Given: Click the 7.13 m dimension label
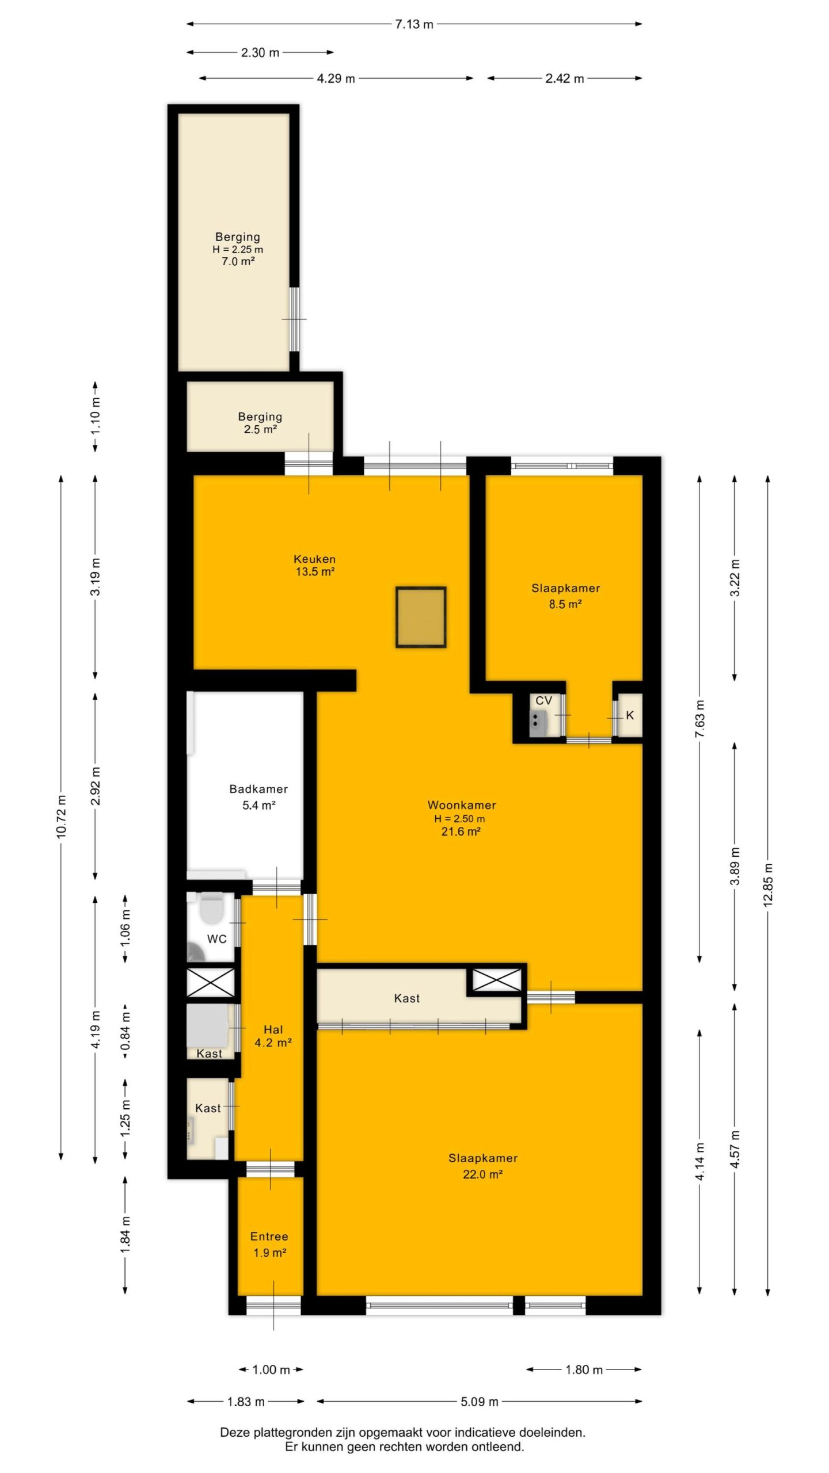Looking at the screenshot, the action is pyautogui.click(x=414, y=24).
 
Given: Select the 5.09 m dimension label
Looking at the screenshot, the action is pyautogui.click(x=479, y=1401).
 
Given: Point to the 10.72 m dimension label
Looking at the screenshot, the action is pyautogui.click(x=62, y=816).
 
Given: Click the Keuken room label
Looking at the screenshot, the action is pyautogui.click(x=314, y=559).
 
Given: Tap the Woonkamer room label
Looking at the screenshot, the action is pyautogui.click(x=462, y=805).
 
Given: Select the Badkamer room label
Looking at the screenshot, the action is pyautogui.click(x=258, y=789).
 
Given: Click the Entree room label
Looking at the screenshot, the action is pyautogui.click(x=269, y=1236).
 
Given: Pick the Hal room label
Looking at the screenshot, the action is pyautogui.click(x=273, y=1029).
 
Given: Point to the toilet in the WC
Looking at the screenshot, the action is pyautogui.click(x=211, y=909).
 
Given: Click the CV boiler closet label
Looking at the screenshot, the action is pyautogui.click(x=544, y=700).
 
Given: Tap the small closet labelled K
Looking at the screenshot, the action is pyautogui.click(x=630, y=715).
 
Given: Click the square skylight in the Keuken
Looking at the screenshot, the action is pyautogui.click(x=421, y=617).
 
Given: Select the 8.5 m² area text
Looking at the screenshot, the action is pyautogui.click(x=565, y=604).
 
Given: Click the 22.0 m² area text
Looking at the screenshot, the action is pyautogui.click(x=482, y=1174).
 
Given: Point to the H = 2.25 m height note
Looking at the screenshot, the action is pyautogui.click(x=238, y=249).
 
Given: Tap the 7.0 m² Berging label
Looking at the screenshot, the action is pyautogui.click(x=238, y=261).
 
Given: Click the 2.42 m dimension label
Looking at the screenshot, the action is pyautogui.click(x=564, y=78).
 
